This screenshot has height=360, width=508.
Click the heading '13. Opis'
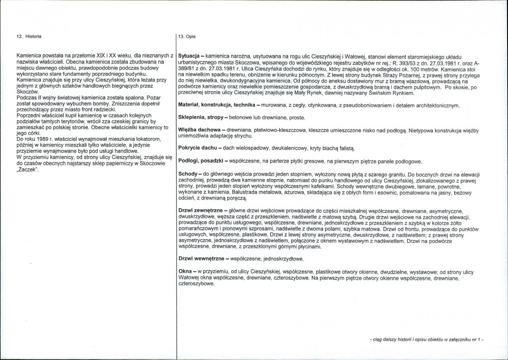point(187,37)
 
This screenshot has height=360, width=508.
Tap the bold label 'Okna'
point(185,271)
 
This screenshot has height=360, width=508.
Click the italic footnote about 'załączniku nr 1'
point(426,340)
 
